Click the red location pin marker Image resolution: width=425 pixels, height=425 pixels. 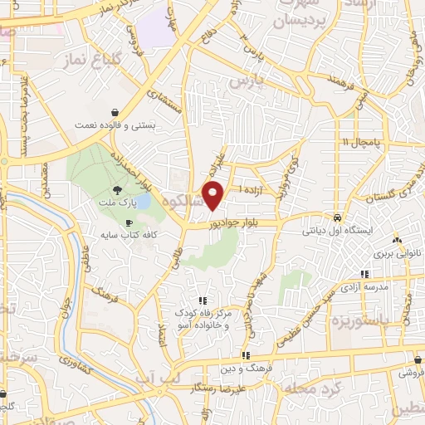[214, 196]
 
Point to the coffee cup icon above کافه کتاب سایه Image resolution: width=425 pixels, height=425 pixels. [129, 223]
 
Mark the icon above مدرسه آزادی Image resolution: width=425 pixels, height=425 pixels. [364, 273]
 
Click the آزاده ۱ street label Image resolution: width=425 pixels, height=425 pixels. [252, 190]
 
